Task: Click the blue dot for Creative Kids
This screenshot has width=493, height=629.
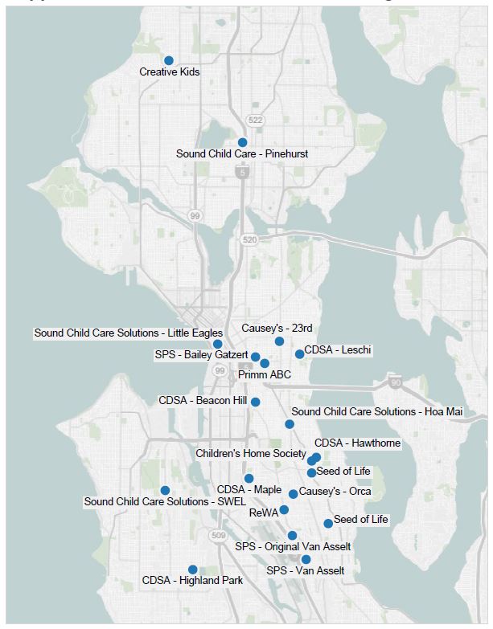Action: pos(169,60)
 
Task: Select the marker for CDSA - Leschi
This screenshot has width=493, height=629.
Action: pos(299,353)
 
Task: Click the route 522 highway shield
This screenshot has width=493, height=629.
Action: pos(256,120)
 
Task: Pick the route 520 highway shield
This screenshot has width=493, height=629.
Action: pos(247,239)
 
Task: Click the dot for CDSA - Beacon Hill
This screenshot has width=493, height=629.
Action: pos(256,402)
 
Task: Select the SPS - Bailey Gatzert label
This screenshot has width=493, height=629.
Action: pos(202,354)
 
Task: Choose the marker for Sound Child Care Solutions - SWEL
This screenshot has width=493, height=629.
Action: pos(165,490)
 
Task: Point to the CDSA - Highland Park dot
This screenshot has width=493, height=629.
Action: pos(192,570)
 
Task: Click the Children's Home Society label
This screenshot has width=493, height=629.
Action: pos(251,453)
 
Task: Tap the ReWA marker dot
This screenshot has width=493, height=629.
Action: pos(284,509)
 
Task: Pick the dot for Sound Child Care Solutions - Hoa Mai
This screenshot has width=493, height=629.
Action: pos(290,424)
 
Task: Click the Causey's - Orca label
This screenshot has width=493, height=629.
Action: pos(335,491)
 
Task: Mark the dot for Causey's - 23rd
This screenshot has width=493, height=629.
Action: pos(279,341)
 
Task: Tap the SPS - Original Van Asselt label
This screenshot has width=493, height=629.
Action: pos(293,547)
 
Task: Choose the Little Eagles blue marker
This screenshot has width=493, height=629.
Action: pos(217,344)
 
